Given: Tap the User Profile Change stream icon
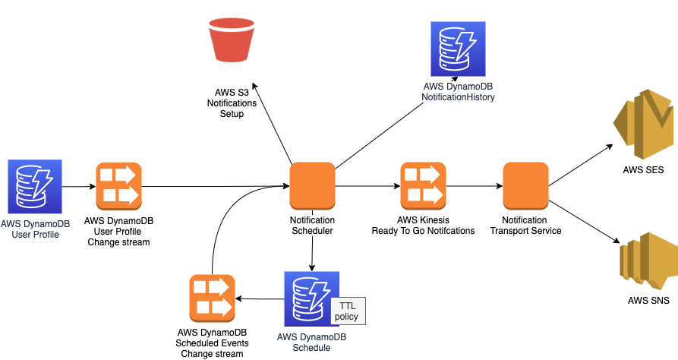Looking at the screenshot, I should pos(118,186).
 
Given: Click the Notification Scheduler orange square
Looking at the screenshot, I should pos(312,186).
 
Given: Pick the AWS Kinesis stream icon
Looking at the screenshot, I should pos(423,186).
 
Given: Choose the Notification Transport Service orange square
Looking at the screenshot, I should pos(525,186).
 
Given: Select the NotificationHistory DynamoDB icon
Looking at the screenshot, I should pos(454,47).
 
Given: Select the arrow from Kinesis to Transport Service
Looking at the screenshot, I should pos(473,186).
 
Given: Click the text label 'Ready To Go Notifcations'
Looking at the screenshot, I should pos(423,230).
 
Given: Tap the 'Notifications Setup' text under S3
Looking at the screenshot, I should pos(232,108).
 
